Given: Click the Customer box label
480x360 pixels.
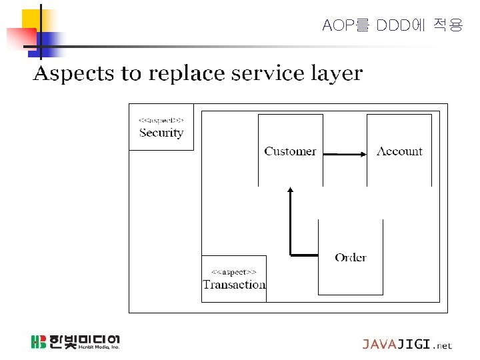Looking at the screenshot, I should tap(290, 151).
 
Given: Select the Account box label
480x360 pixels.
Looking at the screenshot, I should tap(399, 151).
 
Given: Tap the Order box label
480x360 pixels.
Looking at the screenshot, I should tap(351, 257).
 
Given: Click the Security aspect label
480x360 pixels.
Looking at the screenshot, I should tap(161, 133).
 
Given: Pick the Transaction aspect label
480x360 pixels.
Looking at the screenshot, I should tap(234, 285).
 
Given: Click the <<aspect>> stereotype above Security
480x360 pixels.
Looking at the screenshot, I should tap(161, 120).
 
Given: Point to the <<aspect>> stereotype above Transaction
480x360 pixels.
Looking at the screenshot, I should tap(234, 272).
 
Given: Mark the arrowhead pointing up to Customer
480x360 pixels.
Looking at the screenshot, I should tap(290, 191).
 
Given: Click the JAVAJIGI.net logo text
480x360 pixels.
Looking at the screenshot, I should tap(407, 345).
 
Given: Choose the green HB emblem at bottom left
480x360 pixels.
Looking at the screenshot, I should tap(39, 342).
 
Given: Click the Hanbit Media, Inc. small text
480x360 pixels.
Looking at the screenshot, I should tap(98, 347).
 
